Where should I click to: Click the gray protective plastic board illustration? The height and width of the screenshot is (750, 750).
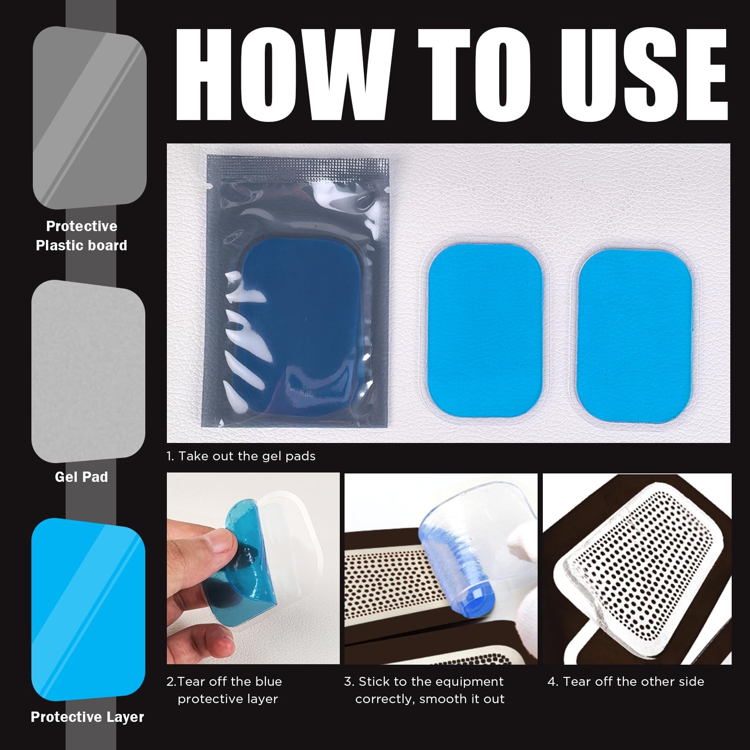(89, 117)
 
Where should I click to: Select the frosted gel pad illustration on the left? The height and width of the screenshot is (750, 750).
(88, 370)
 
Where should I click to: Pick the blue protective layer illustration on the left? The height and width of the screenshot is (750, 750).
(88, 609)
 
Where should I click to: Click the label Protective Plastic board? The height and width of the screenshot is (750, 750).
(82, 236)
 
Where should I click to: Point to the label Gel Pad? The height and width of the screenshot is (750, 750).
(82, 477)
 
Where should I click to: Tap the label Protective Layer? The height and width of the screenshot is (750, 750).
(87, 717)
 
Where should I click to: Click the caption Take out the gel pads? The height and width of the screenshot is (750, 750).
(241, 456)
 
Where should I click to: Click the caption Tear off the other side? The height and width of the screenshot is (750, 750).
(626, 681)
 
